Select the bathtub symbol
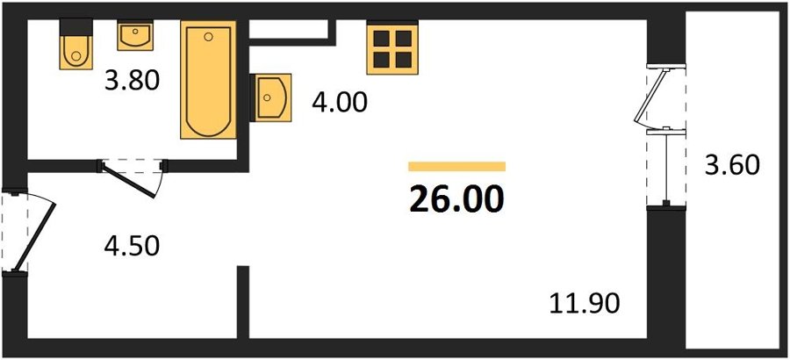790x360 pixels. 208,80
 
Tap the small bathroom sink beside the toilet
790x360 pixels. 135,35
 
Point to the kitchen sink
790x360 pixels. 273,97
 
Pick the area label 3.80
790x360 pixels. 132,81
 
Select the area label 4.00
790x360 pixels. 340,104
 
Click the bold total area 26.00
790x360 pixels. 456,199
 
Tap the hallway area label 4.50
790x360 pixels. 132,246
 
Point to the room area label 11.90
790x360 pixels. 585,304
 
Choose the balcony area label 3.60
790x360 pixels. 731,165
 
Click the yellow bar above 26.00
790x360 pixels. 457,166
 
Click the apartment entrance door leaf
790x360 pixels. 33,237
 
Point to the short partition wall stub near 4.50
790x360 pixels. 243,302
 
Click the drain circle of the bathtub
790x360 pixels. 209,36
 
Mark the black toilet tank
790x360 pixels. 76,27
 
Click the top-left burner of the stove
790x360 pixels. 382,39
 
